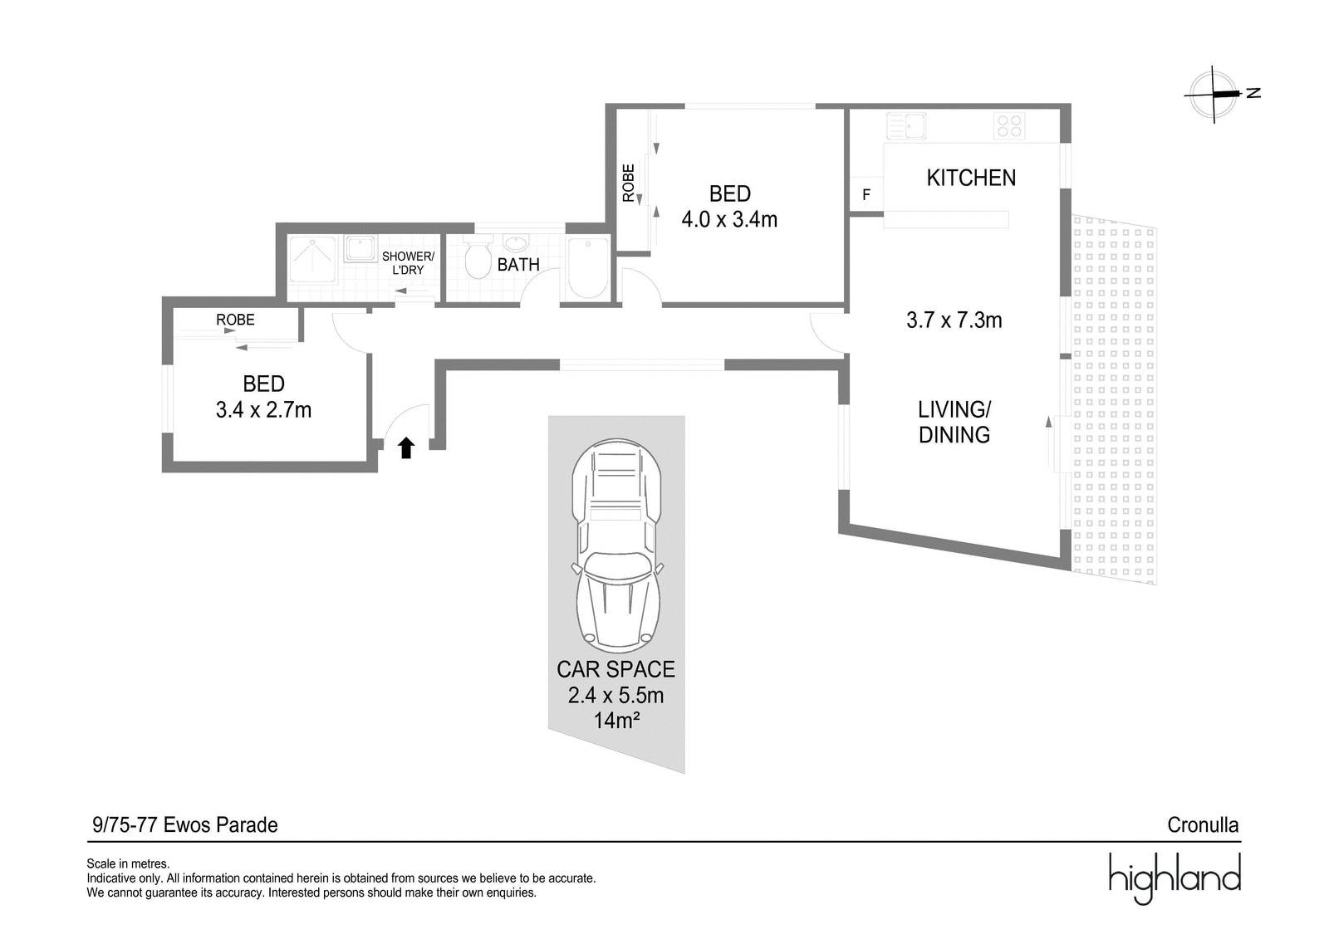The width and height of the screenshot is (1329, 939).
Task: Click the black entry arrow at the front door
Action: pos(406,447)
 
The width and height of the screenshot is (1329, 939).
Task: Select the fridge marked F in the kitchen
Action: pos(866,194)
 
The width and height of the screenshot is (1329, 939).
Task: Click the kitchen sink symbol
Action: pos(906,126)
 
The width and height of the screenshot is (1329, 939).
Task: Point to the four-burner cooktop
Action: pos(1009,125)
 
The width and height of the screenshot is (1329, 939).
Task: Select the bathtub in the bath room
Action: pos(588,268)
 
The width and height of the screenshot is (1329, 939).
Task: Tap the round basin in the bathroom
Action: pos(516,242)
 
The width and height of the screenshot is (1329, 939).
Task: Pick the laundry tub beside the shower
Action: pos(360,248)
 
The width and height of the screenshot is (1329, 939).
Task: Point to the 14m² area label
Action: pos(616,721)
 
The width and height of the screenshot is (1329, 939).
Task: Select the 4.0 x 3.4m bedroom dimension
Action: pos(729,219)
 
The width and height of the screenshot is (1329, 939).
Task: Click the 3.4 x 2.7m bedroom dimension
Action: pos(263,410)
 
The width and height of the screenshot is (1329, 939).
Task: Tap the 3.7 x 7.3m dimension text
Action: pos(954,320)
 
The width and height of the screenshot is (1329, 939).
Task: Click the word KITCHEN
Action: pos(971,178)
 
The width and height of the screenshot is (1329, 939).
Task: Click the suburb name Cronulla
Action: pos(1203,825)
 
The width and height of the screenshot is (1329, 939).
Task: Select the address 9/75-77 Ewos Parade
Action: pos(185,825)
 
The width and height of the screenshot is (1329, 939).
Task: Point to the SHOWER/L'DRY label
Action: pos(408,263)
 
